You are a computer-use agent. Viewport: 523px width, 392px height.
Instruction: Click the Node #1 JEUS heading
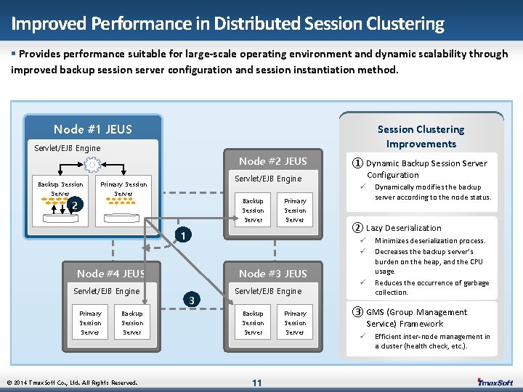pos(93,129)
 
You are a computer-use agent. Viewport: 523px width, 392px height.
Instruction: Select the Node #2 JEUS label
pos(273,161)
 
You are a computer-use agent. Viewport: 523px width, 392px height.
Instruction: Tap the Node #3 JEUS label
pos(273,274)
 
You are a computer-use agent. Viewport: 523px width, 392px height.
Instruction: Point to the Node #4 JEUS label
pos(110,274)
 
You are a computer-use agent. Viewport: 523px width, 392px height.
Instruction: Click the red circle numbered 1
pos(186,236)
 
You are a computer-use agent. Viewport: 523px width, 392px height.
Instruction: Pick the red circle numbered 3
pos(191,300)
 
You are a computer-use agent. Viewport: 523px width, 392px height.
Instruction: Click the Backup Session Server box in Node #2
pos(253,210)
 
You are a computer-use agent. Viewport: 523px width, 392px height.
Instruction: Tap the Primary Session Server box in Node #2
pos(295,210)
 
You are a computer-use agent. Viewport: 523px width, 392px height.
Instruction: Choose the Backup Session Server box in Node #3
pos(253,322)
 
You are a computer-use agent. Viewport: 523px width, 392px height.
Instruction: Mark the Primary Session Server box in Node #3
pos(295,322)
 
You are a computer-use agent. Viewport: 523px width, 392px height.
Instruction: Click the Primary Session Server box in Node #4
pos(90,322)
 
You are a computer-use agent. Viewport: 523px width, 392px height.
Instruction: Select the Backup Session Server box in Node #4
pos(132,322)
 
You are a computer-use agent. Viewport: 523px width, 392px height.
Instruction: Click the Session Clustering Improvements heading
pos(421,136)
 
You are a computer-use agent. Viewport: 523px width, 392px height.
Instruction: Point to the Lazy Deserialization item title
pos(403,228)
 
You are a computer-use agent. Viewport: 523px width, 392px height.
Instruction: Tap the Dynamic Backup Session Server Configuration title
pos(426,169)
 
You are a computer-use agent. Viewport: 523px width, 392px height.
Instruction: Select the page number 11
pos(256,383)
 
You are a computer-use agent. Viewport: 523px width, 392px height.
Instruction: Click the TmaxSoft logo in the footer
pos(495,383)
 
